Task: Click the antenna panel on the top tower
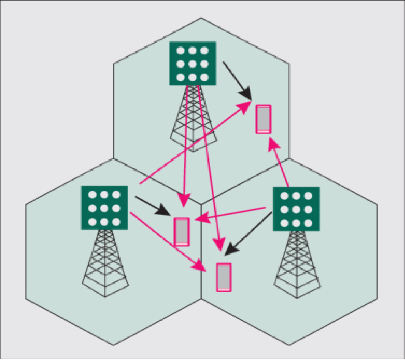tap(193, 63)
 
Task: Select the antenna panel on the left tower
tap(104, 208)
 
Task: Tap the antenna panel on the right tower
tap(297, 209)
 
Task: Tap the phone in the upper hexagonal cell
tap(264, 119)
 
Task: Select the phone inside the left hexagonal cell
tap(182, 231)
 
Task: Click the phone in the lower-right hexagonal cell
tap(224, 277)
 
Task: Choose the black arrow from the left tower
tap(153, 205)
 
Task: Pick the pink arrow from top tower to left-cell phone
tap(184, 148)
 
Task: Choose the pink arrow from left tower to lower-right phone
tap(166, 241)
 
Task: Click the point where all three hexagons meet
tap(201, 204)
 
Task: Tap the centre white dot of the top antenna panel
tap(193, 63)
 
